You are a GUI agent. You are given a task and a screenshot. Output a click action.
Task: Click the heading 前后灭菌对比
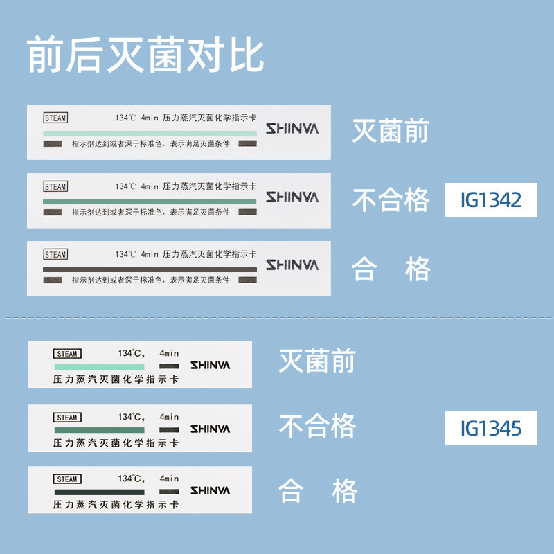click(145, 55)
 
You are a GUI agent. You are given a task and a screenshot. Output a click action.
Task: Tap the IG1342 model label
click(491, 200)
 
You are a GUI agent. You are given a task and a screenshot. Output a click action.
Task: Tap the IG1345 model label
click(491, 428)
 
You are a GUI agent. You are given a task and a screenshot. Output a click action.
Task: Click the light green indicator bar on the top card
click(150, 132)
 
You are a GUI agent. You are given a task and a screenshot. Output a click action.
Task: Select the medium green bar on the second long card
click(150, 201)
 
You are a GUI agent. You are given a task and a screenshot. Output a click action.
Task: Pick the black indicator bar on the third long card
click(150, 269)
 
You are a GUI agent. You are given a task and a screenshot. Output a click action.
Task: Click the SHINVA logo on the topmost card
click(292, 129)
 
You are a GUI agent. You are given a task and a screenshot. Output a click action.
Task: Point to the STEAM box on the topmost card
click(55, 118)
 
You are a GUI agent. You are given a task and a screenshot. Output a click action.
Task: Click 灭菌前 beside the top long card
click(391, 131)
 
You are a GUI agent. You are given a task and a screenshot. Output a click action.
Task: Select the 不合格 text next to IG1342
click(391, 200)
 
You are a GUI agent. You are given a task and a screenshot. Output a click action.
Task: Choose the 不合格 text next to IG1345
click(317, 426)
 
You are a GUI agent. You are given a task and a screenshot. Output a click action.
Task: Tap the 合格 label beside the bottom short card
click(317, 491)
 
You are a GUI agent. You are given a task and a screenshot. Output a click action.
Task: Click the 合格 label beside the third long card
click(391, 269)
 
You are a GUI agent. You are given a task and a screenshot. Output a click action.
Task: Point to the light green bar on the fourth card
click(99, 366)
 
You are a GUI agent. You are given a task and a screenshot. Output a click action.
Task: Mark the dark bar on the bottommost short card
click(99, 492)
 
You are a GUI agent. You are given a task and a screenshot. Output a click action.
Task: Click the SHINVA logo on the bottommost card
click(210, 490)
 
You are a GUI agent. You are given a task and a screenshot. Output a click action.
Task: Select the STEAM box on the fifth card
click(67, 418)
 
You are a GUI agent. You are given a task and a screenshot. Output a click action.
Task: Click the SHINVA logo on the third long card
click(292, 265)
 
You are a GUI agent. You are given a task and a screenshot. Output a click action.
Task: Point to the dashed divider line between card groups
click(277, 318)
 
